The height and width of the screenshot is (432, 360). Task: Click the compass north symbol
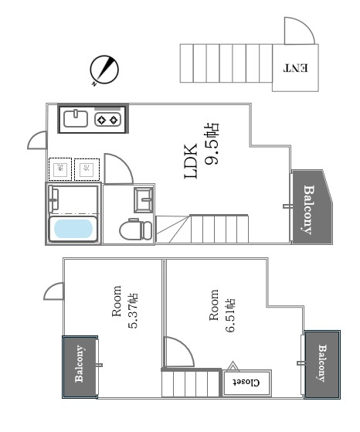click(x=104, y=70)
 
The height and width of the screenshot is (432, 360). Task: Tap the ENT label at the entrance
click(x=296, y=68)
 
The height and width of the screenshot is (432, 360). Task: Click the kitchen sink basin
click(x=76, y=118)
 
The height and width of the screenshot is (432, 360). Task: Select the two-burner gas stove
click(x=107, y=120)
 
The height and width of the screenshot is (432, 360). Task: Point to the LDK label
click(x=191, y=162)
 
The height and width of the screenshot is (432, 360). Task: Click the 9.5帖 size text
click(x=211, y=143)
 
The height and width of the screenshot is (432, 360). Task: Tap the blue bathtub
click(x=73, y=229)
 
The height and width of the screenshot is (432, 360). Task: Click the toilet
click(x=135, y=230)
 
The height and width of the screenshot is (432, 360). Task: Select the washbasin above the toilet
click(x=143, y=199)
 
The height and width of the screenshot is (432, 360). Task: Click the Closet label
click(x=246, y=383)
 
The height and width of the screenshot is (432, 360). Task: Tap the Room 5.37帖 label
click(x=125, y=307)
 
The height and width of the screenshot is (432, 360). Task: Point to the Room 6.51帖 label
click(x=222, y=311)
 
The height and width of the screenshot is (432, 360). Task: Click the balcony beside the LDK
click(x=312, y=206)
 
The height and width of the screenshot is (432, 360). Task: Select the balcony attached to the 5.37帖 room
click(x=80, y=367)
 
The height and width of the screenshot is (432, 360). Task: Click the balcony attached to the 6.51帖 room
click(x=322, y=364)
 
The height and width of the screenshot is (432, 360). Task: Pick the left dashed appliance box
click(x=60, y=169)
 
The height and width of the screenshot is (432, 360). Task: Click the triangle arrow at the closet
click(x=233, y=366)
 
